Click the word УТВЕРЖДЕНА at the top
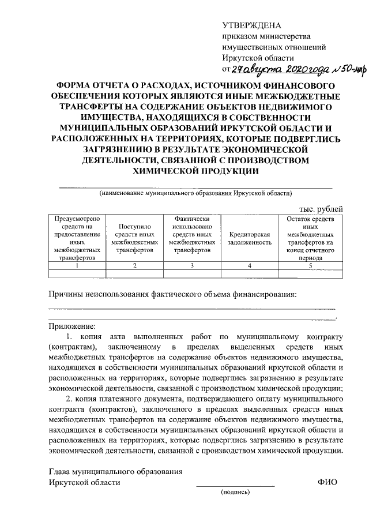251,26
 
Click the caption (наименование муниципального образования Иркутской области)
196,193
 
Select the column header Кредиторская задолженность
250,239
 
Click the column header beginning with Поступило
134,239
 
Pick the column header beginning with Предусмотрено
77,239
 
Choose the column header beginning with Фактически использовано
192,235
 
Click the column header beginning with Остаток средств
310,239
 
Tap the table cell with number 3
192,266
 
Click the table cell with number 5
310,266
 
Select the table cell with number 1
77,266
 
